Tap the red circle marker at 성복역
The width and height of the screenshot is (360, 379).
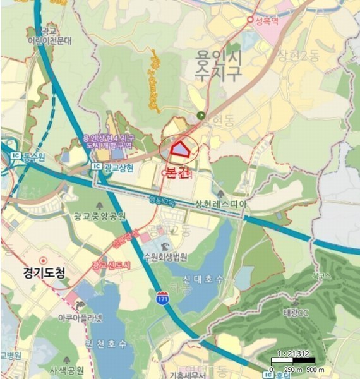pyautogui.click(x=251, y=20)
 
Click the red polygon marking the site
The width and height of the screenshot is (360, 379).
pyautogui.click(x=180, y=149)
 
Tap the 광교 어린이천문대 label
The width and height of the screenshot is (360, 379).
pyautogui.click(x=57, y=35)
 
